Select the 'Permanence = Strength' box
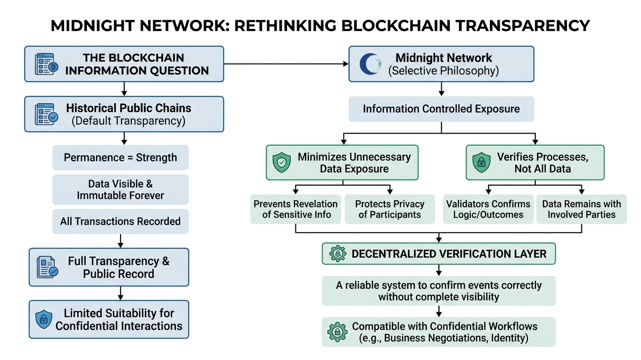click(121, 157)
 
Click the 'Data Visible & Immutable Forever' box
click(121, 189)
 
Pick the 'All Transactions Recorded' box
click(121, 221)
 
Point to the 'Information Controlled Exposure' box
click(441, 109)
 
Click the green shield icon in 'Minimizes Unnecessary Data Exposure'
click(281, 163)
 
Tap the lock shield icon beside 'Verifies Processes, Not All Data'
click(481, 163)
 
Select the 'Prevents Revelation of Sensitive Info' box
click(295, 210)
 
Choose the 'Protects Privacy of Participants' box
click(390, 210)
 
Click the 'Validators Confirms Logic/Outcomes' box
click(488, 210)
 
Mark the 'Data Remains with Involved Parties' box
click(581, 210)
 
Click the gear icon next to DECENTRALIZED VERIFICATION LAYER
click(338, 254)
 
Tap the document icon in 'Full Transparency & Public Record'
click(47, 267)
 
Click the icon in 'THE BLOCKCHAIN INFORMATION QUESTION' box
click(47, 64)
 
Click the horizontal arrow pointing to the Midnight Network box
click(286, 64)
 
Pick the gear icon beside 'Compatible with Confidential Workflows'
click(338, 332)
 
